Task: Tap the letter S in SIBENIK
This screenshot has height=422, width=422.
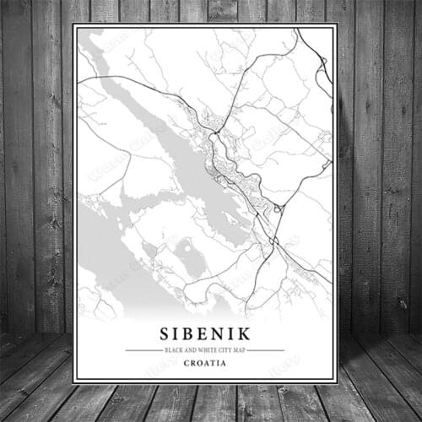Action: click(x=164, y=333)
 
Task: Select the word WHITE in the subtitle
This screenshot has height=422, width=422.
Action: click(x=201, y=349)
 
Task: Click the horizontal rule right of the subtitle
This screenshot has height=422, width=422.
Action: click(x=268, y=349)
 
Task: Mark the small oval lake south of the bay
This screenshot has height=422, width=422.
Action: click(x=192, y=260)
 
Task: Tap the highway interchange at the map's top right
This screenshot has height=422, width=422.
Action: click(x=322, y=63)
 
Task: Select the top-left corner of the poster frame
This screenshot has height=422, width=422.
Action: click(x=73, y=24)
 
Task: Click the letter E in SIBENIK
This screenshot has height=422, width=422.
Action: click(x=207, y=333)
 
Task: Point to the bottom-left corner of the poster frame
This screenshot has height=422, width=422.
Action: click(x=73, y=383)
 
